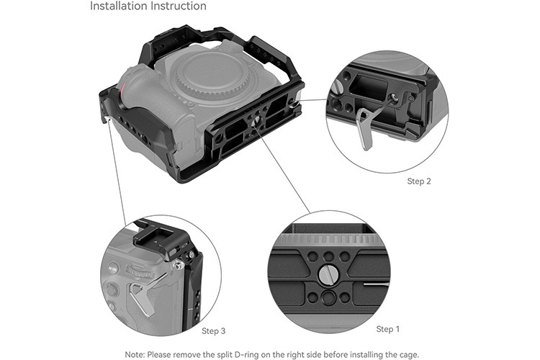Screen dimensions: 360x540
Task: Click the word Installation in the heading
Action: [x=117, y=6]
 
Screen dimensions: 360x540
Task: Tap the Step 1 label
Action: [x=388, y=329]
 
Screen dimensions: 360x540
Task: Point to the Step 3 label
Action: [x=213, y=330]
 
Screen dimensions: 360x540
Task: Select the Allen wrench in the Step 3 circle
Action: [x=145, y=295]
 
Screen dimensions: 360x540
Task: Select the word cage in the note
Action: [x=405, y=353]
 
